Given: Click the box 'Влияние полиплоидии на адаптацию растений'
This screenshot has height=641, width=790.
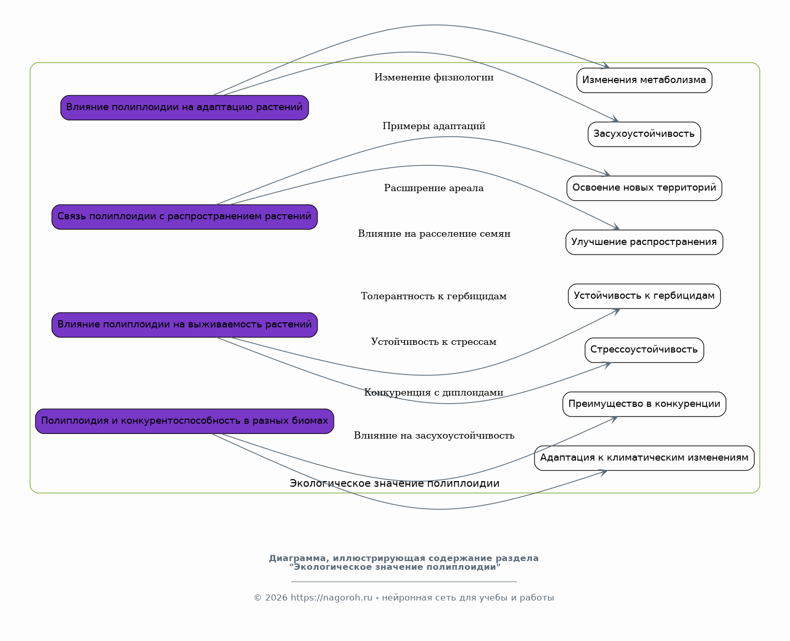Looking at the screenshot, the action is tap(184, 108).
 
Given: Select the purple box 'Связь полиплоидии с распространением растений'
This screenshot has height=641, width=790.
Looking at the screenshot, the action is tap(184, 217).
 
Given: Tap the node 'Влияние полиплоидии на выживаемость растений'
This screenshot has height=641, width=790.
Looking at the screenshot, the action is tap(184, 325).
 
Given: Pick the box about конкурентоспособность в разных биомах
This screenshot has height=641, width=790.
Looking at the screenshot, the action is tap(184, 421).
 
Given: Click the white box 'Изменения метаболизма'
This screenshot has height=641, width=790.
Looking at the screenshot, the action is tap(644, 80).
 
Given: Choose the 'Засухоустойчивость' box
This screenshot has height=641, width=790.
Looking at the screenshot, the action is tap(644, 134).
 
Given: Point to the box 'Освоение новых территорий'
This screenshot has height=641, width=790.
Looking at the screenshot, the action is tap(644, 188).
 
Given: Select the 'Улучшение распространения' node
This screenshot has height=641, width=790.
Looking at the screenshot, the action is tap(644, 242).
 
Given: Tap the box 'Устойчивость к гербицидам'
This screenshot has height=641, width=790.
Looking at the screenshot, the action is tap(644, 296).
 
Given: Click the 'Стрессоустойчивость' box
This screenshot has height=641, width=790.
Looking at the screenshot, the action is tap(644, 350).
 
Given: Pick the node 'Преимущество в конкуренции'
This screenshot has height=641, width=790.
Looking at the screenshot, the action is tap(644, 404).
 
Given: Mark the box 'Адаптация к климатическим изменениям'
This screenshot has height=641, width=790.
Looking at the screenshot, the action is tap(644, 458).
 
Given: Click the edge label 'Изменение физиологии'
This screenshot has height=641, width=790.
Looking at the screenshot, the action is tap(434, 77).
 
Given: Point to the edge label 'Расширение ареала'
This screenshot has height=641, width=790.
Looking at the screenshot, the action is tap(434, 188).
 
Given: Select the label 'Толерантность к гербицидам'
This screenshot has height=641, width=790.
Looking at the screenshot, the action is tap(434, 296).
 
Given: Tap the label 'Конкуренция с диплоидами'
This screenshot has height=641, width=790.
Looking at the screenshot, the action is tap(434, 392).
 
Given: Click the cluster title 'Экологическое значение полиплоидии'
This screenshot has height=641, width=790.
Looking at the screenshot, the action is tap(395, 483).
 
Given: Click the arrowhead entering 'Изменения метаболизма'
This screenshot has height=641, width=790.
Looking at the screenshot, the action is tap(606, 65).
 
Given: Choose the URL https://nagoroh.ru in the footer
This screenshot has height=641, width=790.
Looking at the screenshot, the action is tap(332, 597).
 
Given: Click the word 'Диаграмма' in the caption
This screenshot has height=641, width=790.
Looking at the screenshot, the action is tap(298, 558).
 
